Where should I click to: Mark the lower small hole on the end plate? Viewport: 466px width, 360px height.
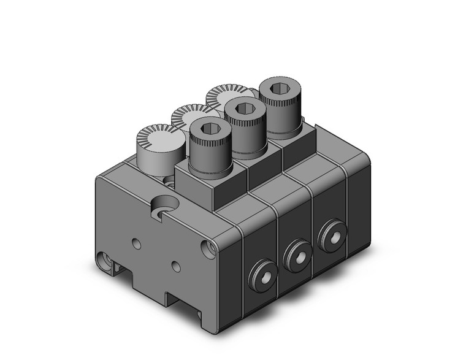176,266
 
